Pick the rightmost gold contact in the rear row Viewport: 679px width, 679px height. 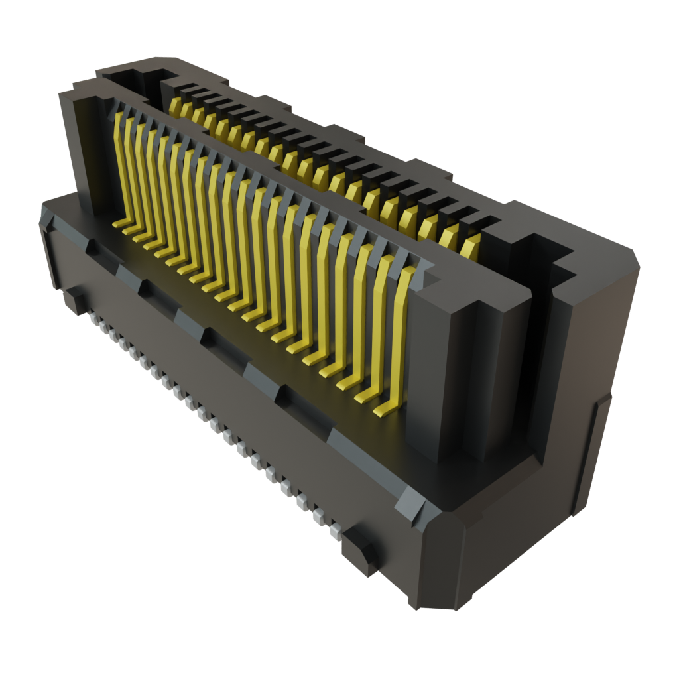tap(470, 247)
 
